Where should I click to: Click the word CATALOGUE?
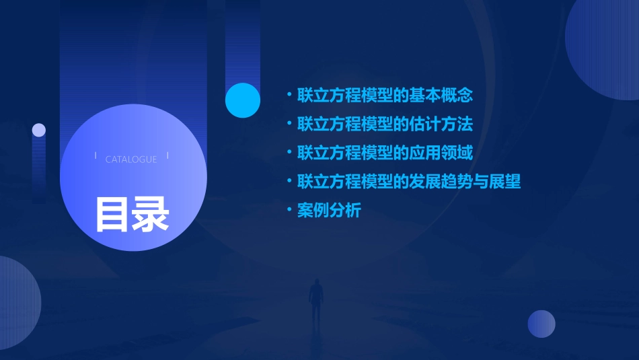(x=131, y=159)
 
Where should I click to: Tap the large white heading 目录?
(x=133, y=215)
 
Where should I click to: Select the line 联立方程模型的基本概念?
(x=385, y=95)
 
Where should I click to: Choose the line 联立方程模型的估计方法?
(x=385, y=124)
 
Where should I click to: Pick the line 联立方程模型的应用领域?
(x=385, y=153)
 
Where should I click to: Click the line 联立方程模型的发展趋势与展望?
(x=409, y=182)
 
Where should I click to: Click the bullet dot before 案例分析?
(x=289, y=211)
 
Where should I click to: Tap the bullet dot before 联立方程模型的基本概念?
(x=289, y=95)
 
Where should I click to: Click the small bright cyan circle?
(x=243, y=100)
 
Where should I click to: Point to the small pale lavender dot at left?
(x=39, y=130)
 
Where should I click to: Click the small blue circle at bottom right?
(x=541, y=324)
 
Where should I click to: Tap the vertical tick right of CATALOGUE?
(x=167, y=156)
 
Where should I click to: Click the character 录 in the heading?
(x=151, y=215)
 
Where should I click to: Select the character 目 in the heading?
(x=112, y=215)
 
